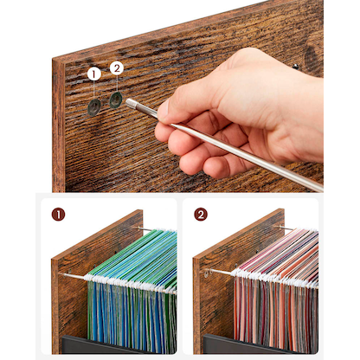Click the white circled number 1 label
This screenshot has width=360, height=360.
[x=93, y=75]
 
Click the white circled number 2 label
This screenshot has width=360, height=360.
[x=117, y=67]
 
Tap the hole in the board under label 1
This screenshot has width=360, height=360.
[x=93, y=107]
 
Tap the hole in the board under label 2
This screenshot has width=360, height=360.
[x=116, y=100]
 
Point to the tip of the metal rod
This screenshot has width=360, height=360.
[x=130, y=102]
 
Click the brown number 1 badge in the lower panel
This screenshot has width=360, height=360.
[x=58, y=214]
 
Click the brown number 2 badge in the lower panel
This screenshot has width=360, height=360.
[x=200, y=214]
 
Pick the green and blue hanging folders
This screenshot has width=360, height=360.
[x=130, y=294]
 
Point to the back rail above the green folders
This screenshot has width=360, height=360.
[x=147, y=230]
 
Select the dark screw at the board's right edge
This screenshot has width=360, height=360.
[x=296, y=66]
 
